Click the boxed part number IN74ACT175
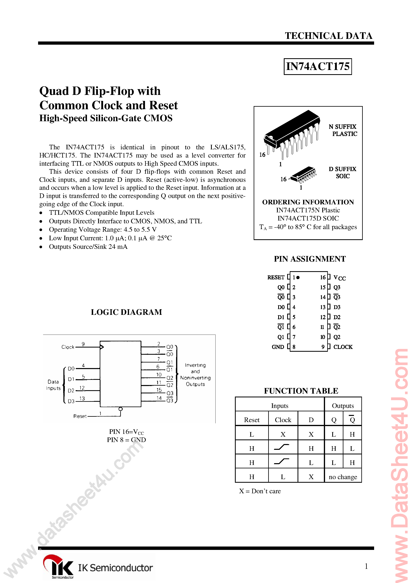pos(317,67)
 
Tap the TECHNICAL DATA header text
pos(328,36)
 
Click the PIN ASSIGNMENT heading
pos(310,259)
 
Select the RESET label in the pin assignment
pos(276,277)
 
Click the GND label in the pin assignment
pos(278,347)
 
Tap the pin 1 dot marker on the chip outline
pos(298,278)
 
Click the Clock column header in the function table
pos(283,420)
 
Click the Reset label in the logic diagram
pos(80,416)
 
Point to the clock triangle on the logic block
pos(102,347)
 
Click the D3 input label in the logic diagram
pos(71,401)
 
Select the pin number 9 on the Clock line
pos(83,344)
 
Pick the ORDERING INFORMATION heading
pos(308,202)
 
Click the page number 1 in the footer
pos(366,566)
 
